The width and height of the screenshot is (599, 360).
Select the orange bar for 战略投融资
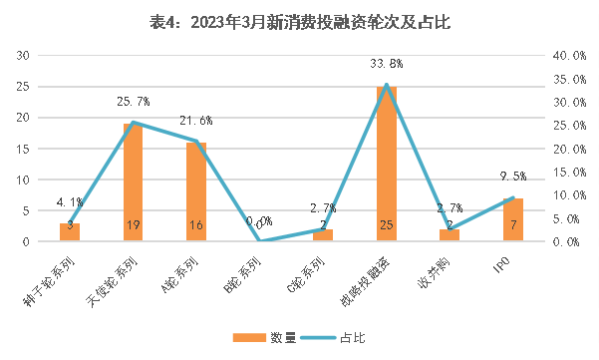[x=387, y=165]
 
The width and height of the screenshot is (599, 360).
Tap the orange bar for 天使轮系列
[x=133, y=182]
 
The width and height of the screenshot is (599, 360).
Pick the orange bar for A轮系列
[x=196, y=191]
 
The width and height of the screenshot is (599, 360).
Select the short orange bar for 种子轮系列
[x=69, y=232]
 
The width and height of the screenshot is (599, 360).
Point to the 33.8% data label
[x=386, y=64]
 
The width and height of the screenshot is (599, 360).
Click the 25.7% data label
[x=133, y=102]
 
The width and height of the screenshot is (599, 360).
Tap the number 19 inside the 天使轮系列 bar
[x=133, y=226]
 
